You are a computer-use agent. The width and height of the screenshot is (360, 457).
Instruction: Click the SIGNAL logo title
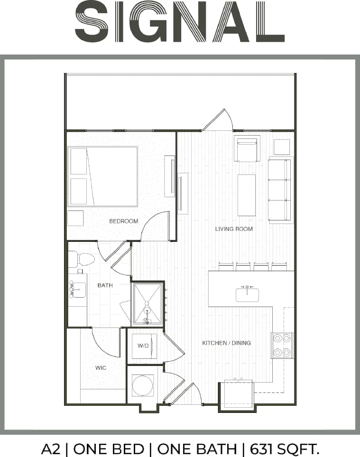pos(180,22)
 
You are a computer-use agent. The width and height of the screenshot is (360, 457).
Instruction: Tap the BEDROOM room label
pos(123,221)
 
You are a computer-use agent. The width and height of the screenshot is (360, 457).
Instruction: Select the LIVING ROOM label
pos(234,229)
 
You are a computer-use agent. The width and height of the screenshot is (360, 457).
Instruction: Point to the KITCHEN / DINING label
pos(226,343)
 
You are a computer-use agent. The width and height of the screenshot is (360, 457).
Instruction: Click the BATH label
pos(105,285)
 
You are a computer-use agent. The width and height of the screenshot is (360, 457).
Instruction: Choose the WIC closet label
pos(101,368)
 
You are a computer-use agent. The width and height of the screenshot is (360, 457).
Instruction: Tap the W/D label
pos(143,346)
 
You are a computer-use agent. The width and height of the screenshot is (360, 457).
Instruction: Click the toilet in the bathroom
pos(84,259)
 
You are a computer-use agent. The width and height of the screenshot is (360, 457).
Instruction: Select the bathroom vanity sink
pos(78,289)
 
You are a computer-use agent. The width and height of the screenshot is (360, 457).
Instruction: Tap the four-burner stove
pos(282,345)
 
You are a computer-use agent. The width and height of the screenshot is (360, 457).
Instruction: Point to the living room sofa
pos(280,190)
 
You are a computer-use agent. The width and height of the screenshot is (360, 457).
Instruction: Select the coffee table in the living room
pos(247,195)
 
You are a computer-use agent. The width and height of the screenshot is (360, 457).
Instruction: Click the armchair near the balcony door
pos(247,149)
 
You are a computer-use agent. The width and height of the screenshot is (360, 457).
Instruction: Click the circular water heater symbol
pos(143,385)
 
